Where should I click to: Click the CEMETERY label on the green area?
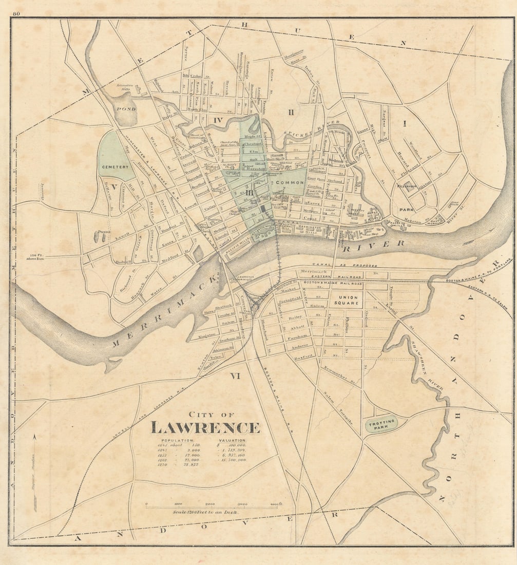[113, 167]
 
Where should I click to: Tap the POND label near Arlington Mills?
[125, 109]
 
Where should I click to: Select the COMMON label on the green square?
[291, 182]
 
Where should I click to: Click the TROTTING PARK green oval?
[381, 424]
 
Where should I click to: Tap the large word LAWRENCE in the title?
[205, 427]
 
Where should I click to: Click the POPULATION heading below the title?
[178, 441]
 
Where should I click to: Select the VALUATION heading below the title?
[233, 441]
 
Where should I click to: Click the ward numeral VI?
[235, 376]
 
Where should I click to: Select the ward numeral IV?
[218, 120]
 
